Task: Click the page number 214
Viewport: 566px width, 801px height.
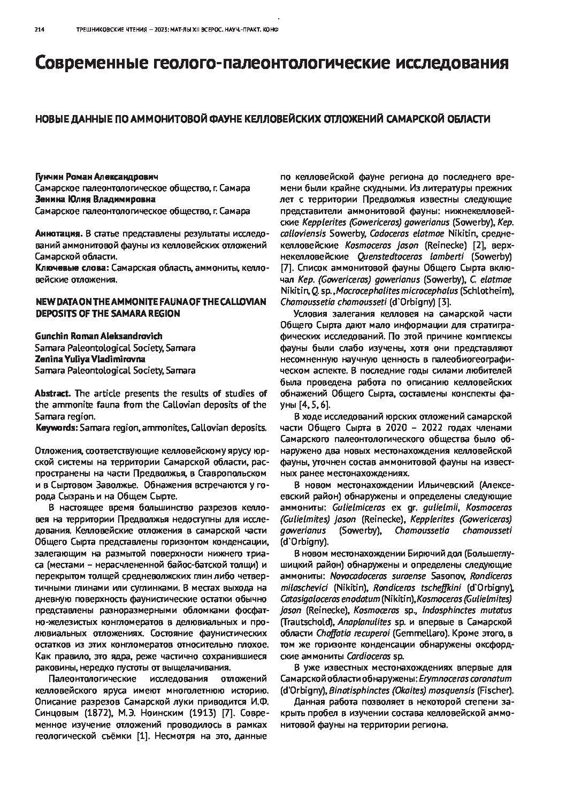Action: point(39,31)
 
